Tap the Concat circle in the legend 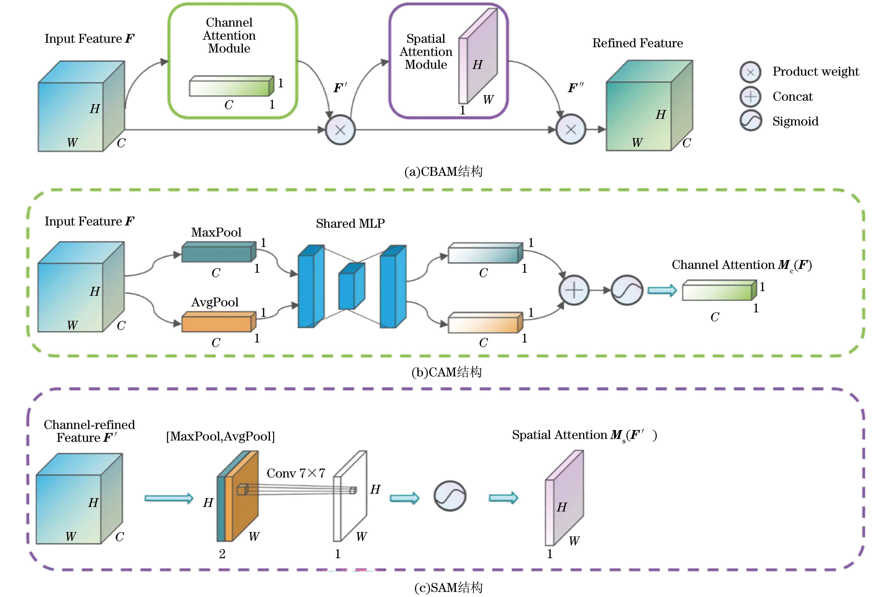pyautogui.click(x=750, y=97)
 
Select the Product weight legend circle pyautogui.click(x=750, y=72)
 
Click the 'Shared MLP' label pyautogui.click(x=350, y=223)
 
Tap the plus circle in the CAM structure pyautogui.click(x=574, y=290)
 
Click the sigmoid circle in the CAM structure pyautogui.click(x=627, y=290)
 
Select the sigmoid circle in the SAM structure pyautogui.click(x=450, y=496)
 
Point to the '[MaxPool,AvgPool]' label pyautogui.click(x=220, y=436)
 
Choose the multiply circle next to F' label pyautogui.click(x=340, y=130)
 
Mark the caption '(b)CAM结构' pyautogui.click(x=446, y=372)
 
